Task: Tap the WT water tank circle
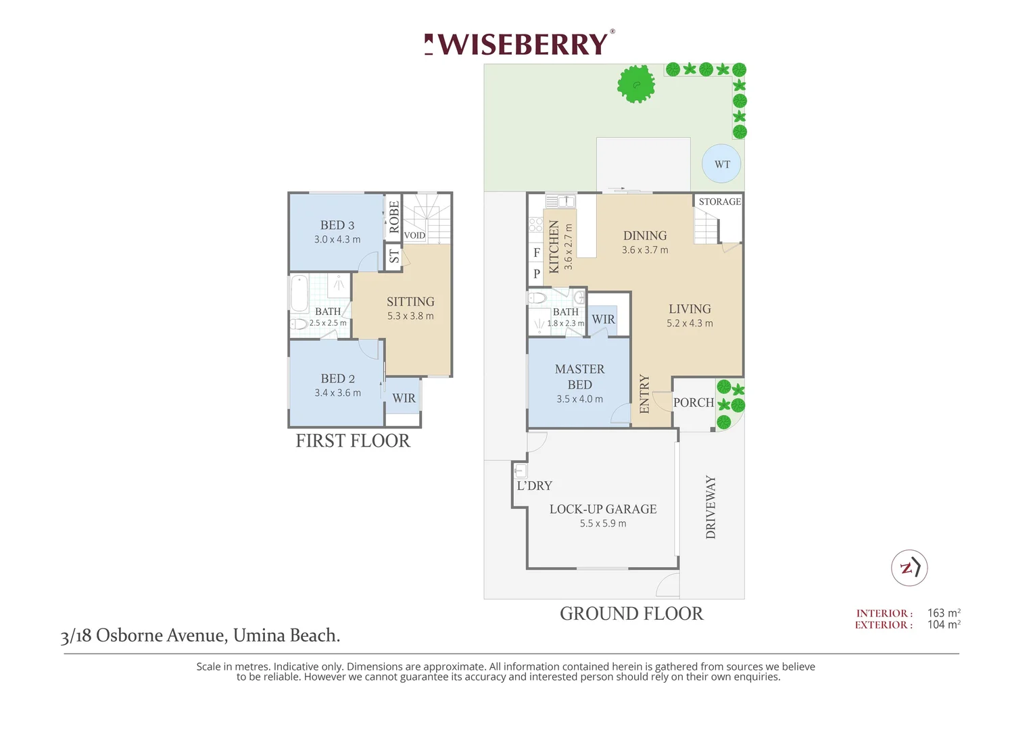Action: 721,164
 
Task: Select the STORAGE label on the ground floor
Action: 719,201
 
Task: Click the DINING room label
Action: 645,236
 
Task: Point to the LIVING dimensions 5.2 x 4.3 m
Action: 690,323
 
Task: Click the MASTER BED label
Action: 579,376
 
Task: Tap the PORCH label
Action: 694,403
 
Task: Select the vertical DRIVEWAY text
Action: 711,507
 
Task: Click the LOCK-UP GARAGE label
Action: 603,509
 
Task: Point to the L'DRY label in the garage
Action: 534,485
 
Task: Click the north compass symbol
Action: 909,568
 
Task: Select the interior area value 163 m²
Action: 944,613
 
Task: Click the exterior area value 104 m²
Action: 944,625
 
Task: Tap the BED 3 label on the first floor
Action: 337,225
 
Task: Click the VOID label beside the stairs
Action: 414,235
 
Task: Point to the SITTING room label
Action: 410,301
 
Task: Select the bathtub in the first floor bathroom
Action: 299,294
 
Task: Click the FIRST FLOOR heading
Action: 353,441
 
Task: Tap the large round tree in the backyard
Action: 636,84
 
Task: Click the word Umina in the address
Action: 259,635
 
